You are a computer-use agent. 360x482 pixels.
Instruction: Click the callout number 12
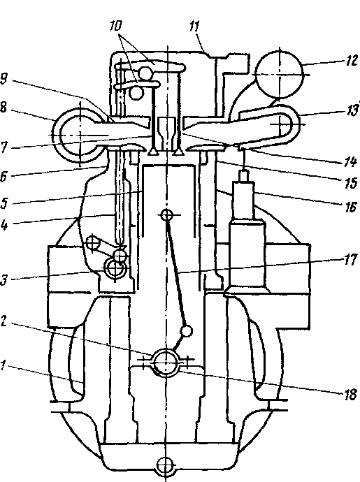coord(352,61)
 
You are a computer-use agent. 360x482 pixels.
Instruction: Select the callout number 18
coord(350,395)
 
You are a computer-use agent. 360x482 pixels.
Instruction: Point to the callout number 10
coord(116,26)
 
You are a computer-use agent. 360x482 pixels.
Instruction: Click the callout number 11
coord(194,27)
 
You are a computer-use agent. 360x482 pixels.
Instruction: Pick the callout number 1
coord(3,366)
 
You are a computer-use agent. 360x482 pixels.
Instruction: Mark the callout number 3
coord(3,280)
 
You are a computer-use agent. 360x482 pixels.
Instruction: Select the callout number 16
coord(351,207)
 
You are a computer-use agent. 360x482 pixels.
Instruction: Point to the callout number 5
coord(3,203)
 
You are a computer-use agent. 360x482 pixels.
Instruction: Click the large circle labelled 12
coord(280,75)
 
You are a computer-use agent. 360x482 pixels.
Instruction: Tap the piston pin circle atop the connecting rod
coord(166,215)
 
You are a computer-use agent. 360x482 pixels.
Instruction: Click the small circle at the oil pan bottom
coord(166,464)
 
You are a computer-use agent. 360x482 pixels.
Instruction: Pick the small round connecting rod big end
coord(186,331)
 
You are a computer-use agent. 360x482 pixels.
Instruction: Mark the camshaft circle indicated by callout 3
coord(115,268)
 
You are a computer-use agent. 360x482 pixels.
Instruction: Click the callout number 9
coord(3,80)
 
